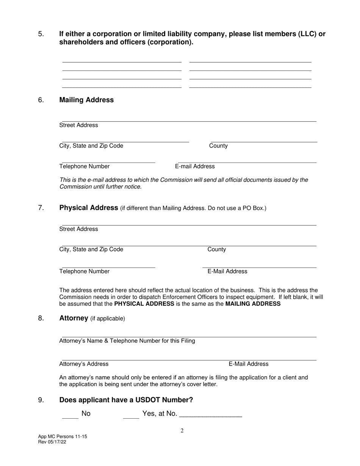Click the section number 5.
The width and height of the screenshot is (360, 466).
click(x=41, y=34)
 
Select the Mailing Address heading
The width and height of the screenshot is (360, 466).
click(x=86, y=100)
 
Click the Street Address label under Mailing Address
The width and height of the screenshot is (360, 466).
click(x=78, y=125)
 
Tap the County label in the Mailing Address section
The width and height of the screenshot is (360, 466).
click(x=218, y=146)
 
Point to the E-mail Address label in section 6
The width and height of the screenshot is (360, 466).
click(x=195, y=166)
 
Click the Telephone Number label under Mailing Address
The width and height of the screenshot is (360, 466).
click(x=85, y=166)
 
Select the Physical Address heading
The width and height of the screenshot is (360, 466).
click(x=89, y=208)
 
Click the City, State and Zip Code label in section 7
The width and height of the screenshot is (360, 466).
click(x=91, y=249)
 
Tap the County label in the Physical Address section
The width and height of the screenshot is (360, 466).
click(x=216, y=249)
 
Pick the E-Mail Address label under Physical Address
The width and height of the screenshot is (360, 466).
click(x=227, y=271)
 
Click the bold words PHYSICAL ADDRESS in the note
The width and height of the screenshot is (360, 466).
click(x=144, y=304)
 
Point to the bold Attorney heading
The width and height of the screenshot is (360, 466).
click(x=74, y=318)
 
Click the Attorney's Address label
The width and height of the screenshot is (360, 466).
click(x=84, y=364)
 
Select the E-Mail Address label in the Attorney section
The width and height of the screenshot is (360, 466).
click(x=248, y=364)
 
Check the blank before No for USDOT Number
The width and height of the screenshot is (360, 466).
click(x=70, y=416)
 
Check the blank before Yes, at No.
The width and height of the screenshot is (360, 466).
click(x=131, y=416)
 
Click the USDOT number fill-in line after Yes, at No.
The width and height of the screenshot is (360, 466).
click(x=210, y=415)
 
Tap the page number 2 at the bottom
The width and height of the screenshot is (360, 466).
click(x=182, y=430)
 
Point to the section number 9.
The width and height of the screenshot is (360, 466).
click(x=41, y=400)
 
